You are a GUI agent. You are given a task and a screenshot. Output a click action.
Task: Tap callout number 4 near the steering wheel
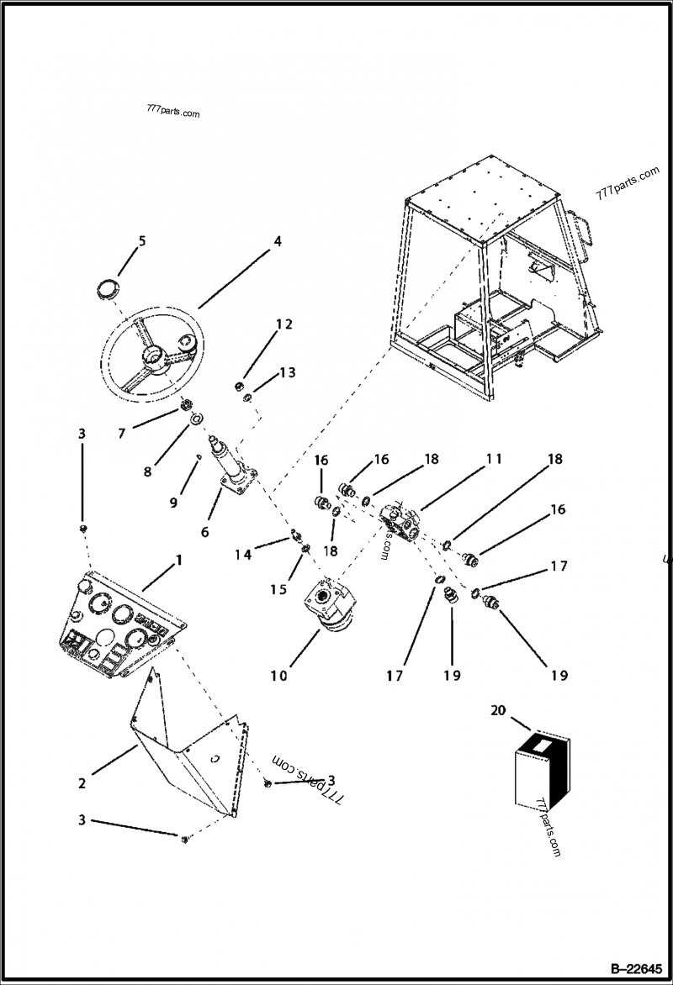pyautogui.click(x=277, y=240)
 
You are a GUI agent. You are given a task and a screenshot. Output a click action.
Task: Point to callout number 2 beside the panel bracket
pyautogui.click(x=82, y=783)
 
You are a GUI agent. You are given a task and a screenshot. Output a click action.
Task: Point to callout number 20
pyautogui.click(x=498, y=710)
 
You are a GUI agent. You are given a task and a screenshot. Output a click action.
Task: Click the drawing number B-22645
pyautogui.click(x=635, y=967)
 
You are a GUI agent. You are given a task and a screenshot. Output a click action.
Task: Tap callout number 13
pyautogui.click(x=288, y=372)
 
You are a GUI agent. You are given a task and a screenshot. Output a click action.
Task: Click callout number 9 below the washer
pyautogui.click(x=173, y=503)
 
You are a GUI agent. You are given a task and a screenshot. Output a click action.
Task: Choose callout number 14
pyautogui.click(x=243, y=554)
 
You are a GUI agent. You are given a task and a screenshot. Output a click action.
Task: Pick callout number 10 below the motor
pyautogui.click(x=278, y=675)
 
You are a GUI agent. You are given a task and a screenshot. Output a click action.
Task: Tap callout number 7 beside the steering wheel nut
pyautogui.click(x=122, y=434)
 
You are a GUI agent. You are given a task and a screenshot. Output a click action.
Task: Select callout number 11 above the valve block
pyautogui.click(x=493, y=459)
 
